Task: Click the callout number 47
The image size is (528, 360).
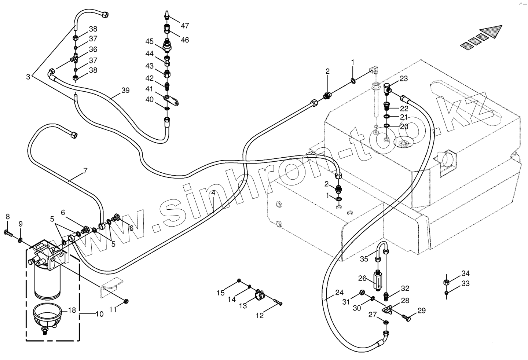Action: (x=184, y=26)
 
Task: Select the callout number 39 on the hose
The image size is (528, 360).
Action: (x=125, y=91)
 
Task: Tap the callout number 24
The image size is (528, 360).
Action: (x=339, y=293)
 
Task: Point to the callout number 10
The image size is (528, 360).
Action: (x=99, y=314)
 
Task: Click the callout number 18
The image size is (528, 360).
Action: (x=72, y=310)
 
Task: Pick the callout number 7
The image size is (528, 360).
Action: (x=85, y=170)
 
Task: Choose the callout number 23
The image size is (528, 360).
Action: (x=403, y=78)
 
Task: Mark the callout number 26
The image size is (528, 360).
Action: (x=362, y=278)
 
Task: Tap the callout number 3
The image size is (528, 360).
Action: (x=28, y=77)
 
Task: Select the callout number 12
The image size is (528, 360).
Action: (x=260, y=316)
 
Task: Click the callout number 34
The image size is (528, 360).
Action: (x=465, y=273)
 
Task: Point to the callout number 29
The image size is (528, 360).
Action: (x=421, y=311)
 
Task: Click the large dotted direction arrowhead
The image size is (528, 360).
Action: (x=492, y=32)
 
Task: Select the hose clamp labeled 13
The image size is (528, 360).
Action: (x=261, y=294)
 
